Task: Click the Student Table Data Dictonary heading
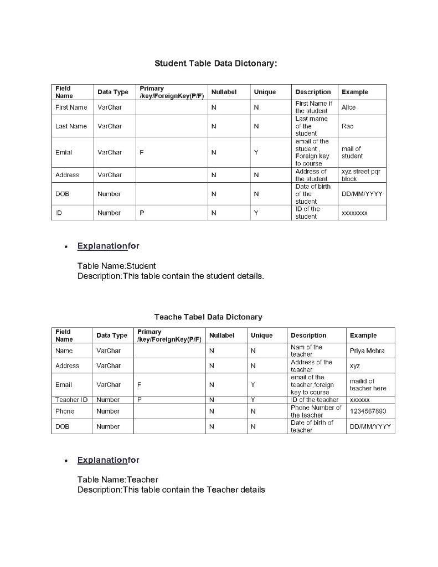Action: coord(215,64)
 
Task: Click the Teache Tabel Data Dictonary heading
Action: coord(208,317)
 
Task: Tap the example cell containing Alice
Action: coord(349,107)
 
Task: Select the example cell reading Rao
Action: coord(348,126)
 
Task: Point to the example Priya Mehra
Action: coord(367,350)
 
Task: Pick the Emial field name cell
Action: coord(64,152)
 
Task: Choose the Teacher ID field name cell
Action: coord(71,399)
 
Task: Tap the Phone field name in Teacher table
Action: coord(65,411)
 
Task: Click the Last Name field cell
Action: coord(71,126)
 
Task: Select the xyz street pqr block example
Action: coord(360,175)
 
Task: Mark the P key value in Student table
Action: coord(142,213)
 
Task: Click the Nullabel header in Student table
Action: coord(223,92)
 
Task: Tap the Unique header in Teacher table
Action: coord(261,336)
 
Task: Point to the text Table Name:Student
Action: coord(117,266)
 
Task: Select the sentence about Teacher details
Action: coord(171,489)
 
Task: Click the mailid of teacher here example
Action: coord(368,384)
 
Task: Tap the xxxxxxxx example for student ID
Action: coord(355,213)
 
